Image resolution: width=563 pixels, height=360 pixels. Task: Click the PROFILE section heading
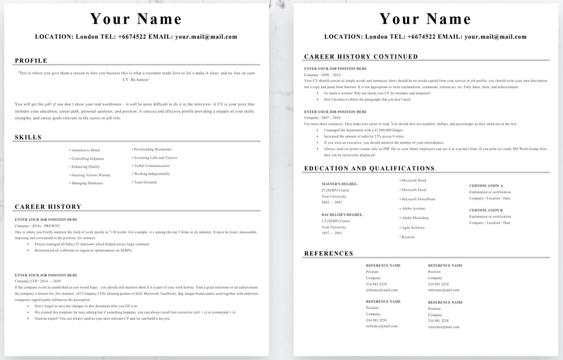click(31, 61)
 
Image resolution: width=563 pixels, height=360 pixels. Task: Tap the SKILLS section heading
click(28, 138)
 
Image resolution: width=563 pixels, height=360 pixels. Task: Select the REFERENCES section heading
click(329, 254)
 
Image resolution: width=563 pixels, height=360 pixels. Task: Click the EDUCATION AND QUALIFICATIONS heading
click(369, 169)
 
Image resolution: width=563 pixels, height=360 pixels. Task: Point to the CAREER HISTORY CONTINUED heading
click(361, 57)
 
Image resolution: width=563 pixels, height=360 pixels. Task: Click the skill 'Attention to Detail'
click(85, 150)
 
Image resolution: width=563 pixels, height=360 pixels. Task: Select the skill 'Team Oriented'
click(145, 182)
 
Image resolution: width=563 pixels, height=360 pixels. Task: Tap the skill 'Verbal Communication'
click(151, 166)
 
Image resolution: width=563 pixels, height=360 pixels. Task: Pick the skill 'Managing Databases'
click(87, 183)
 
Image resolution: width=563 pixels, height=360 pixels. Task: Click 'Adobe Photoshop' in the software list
click(415, 218)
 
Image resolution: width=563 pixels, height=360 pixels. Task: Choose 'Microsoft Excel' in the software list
click(414, 190)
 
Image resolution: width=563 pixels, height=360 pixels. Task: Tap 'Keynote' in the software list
click(408, 237)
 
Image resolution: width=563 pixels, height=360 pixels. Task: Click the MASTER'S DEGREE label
click(340, 184)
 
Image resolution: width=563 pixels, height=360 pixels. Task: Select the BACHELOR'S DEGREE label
click(342, 215)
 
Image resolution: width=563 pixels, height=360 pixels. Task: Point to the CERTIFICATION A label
click(486, 186)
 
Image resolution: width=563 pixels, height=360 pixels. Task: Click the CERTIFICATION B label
click(486, 211)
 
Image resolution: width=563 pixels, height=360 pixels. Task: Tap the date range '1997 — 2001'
click(332, 233)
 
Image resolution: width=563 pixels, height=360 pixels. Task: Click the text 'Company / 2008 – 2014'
click(322, 75)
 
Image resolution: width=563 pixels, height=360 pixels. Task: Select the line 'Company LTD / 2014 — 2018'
click(38, 281)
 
